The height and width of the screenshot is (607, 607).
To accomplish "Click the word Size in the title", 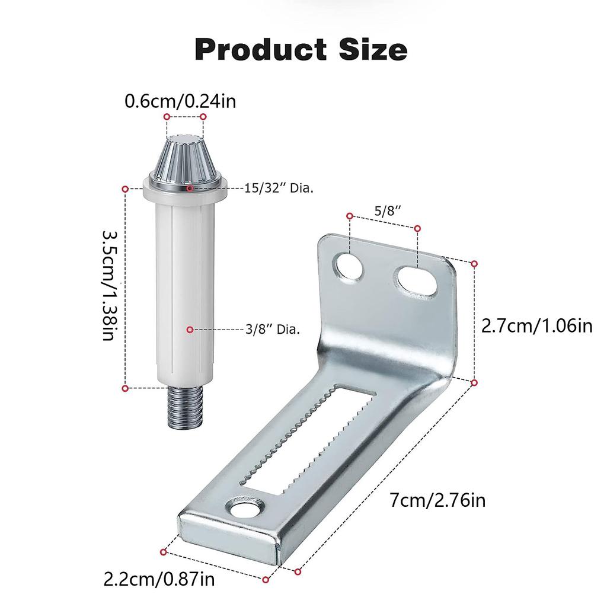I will [x=368, y=49].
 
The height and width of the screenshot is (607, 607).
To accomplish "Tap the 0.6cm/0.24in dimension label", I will [x=180, y=101].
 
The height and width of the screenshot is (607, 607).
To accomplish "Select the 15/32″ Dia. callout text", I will [x=279, y=189].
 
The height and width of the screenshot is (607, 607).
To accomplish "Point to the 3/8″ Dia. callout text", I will [x=272, y=329].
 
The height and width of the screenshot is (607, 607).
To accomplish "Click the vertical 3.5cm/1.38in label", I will [x=111, y=286].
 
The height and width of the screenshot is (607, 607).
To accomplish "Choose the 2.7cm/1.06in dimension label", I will [x=536, y=325].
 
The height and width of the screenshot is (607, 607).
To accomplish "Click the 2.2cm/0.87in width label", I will [x=159, y=578].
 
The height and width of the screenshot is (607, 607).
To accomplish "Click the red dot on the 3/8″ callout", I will [x=190, y=329].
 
